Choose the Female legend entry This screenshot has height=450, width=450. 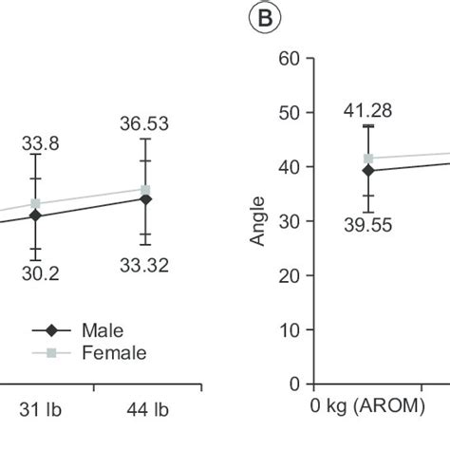[x=113, y=353]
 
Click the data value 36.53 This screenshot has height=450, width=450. [x=144, y=123]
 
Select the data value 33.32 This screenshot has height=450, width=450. [x=144, y=266]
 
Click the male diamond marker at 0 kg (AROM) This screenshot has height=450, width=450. [x=368, y=171]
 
